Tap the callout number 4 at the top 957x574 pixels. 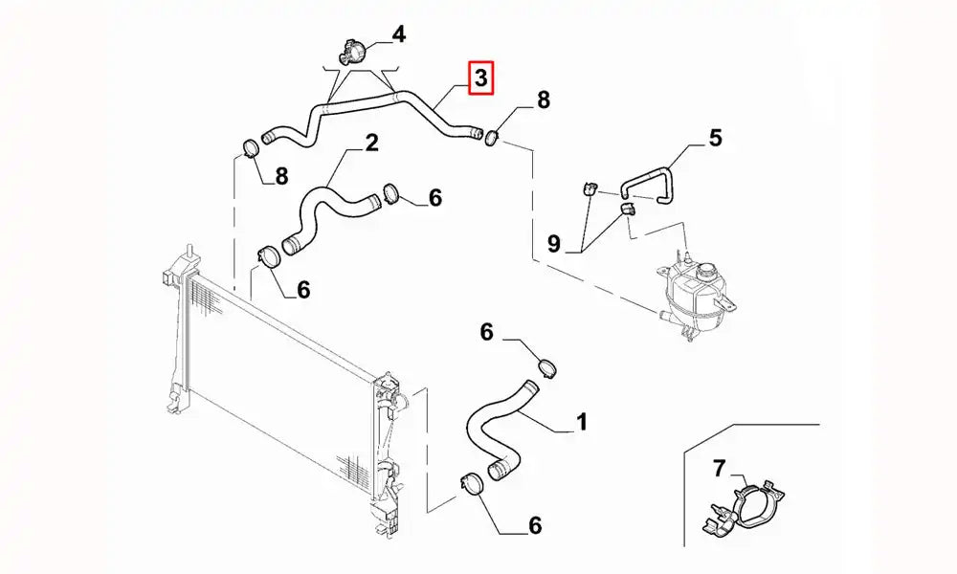pyautogui.click(x=399, y=35)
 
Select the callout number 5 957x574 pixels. pyautogui.click(x=715, y=139)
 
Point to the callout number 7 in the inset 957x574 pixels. pyautogui.click(x=720, y=469)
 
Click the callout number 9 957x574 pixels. pyautogui.click(x=553, y=244)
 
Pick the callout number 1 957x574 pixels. pyautogui.click(x=582, y=421)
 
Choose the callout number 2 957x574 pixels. pyautogui.click(x=371, y=143)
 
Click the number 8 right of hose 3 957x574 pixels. pyautogui.click(x=543, y=99)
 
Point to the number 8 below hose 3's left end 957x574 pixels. pyautogui.click(x=280, y=175)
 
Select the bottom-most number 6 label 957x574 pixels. pyautogui.click(x=534, y=524)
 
